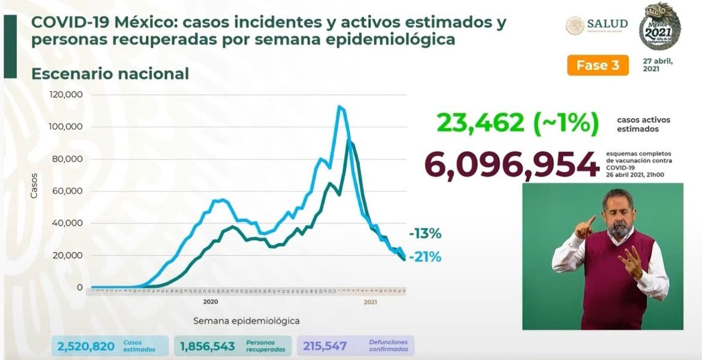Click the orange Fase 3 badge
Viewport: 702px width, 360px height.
coord(598,65)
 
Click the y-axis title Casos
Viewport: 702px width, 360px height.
coord(35,186)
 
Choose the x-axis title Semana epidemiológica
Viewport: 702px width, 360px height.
coord(246,321)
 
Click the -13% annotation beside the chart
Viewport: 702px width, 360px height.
coord(425,233)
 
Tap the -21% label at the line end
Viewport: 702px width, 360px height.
coord(425,257)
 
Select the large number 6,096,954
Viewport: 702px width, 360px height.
coord(512,163)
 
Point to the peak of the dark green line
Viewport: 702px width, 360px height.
coord(349,142)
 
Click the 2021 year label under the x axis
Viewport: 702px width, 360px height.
coord(371,302)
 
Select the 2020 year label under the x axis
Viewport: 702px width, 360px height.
coord(210,302)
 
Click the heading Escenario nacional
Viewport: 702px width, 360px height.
coord(110,74)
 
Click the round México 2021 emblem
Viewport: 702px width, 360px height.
coord(660,26)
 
